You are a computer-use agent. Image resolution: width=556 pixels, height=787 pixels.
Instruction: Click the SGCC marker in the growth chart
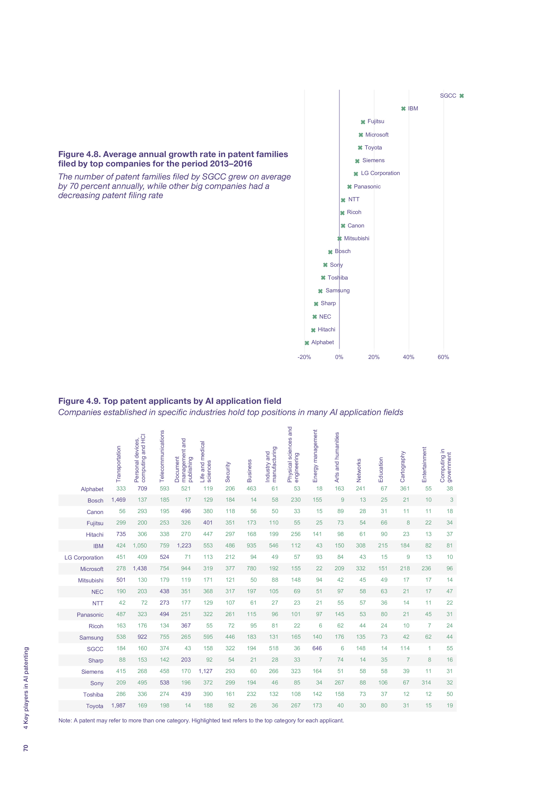461,96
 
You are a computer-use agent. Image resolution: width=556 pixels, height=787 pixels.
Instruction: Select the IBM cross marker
403,109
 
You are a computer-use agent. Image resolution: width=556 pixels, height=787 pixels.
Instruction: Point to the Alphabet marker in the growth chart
307,343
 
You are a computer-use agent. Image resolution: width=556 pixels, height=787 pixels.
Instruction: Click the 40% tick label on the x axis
408,357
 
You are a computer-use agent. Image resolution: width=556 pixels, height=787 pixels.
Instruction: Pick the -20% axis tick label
304,357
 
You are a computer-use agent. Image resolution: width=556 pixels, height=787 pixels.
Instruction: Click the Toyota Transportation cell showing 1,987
119,705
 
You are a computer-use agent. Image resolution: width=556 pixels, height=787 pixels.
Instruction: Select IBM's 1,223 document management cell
184,545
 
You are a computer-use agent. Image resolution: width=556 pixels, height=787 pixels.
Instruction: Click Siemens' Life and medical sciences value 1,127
206,671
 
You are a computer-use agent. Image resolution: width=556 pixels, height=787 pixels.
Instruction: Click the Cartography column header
403,466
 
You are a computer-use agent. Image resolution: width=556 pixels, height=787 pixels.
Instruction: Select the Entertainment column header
424,464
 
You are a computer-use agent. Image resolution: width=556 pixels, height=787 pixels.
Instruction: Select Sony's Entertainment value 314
426,682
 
